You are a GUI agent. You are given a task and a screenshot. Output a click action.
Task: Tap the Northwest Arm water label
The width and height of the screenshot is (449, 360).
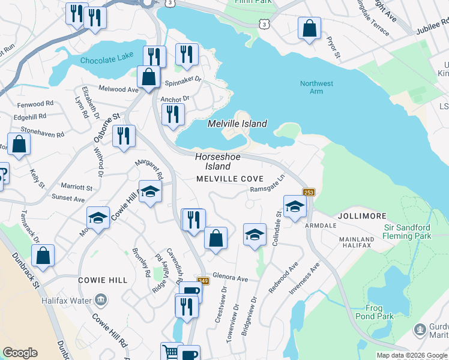pyautogui.click(x=316, y=87)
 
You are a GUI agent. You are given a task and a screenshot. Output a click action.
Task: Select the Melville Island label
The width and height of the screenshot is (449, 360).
pyautogui.click(x=237, y=124)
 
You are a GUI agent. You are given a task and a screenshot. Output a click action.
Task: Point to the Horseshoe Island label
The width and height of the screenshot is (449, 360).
pyautogui.click(x=217, y=161)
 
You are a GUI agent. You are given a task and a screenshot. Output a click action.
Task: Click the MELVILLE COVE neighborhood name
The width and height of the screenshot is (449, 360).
pyautogui.click(x=230, y=179)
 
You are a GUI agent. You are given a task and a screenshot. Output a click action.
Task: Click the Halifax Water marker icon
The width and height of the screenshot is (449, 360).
pyautogui.click(x=100, y=299)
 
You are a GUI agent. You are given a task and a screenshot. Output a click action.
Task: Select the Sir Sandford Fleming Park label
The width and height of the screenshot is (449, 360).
pyautogui.click(x=415, y=232)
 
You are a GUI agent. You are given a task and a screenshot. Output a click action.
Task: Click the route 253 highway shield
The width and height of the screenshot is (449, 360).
pyautogui.click(x=309, y=192)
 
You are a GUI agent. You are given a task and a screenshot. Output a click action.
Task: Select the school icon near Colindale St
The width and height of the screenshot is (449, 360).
pyautogui.click(x=295, y=206)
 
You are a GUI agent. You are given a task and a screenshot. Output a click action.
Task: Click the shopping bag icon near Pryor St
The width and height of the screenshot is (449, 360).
pyautogui.click(x=309, y=28)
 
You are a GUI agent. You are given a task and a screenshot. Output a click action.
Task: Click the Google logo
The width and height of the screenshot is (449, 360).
pyautogui.click(x=20, y=353)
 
